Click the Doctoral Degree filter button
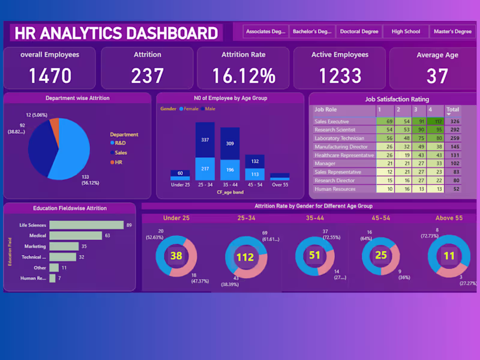(359, 32)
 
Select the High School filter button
(406, 32)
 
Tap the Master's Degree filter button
(452, 32)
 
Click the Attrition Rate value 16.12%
(243, 76)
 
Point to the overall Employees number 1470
(50, 76)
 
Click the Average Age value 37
(437, 76)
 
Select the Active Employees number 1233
(340, 76)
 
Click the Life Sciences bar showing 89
(86, 225)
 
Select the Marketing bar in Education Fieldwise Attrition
(64, 247)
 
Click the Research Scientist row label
(335, 130)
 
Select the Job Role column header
(326, 110)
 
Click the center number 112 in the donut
(246, 257)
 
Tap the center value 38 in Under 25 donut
(176, 256)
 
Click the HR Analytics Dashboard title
(116, 32)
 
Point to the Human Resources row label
(335, 188)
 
